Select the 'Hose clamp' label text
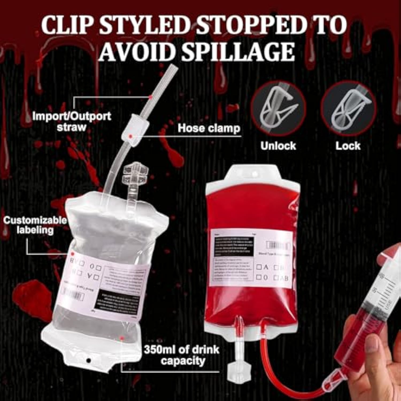(209, 128)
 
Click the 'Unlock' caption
(278, 146)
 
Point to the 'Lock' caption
(348, 146)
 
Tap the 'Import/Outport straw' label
(71, 121)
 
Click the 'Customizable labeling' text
(35, 225)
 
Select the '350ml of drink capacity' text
(182, 355)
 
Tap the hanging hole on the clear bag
(88, 361)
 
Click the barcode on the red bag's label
(278, 245)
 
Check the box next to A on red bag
(259, 267)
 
